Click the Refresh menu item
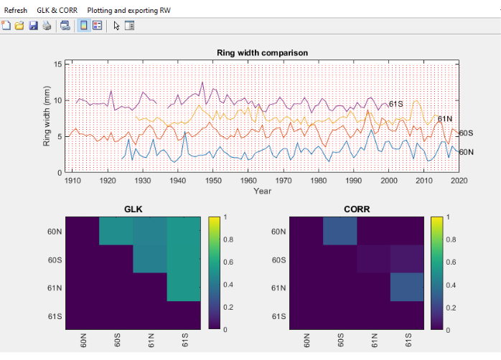tap(15, 11)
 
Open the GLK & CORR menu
tap(57, 11)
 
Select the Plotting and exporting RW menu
tap(128, 11)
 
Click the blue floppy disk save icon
tap(33, 26)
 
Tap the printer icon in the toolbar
tap(47, 26)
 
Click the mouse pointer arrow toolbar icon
tap(116, 26)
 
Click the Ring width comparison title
tap(262, 52)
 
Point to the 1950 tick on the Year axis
tap(213, 181)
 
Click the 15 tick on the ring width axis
tap(58, 64)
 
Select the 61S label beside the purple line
tap(396, 104)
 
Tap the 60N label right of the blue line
tap(466, 152)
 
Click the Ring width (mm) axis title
tap(47, 116)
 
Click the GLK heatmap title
tap(134, 209)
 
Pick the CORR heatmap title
tap(357, 209)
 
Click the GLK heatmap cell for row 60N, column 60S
tap(116, 231)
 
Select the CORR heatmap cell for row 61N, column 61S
tap(407, 287)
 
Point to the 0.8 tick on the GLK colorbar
tap(228, 240)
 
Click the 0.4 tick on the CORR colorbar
tap(451, 285)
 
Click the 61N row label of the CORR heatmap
tap(278, 288)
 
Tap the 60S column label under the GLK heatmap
tap(117, 340)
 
